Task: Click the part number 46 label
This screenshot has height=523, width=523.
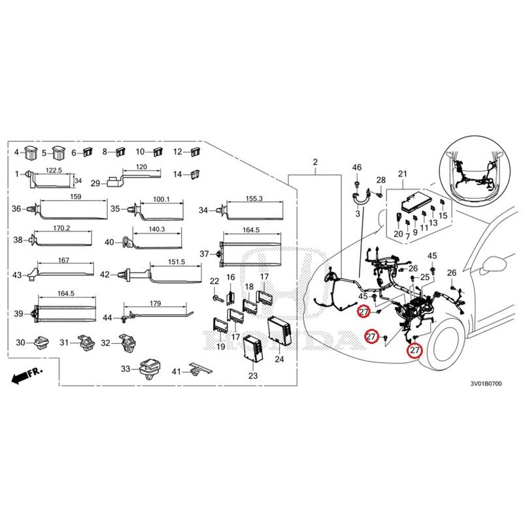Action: click(357, 168)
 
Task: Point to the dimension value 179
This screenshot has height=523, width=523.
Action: click(155, 303)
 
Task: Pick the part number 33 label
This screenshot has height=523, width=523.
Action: click(126, 369)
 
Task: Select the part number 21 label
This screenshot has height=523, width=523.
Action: click(402, 173)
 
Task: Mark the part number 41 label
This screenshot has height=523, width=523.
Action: click(177, 371)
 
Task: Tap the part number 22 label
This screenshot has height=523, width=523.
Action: click(214, 281)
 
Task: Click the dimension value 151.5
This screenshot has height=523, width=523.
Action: click(176, 261)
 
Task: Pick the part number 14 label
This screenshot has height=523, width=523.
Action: click(177, 174)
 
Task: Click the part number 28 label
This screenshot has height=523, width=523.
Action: click(381, 180)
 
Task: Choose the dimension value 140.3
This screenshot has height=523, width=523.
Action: click(156, 229)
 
